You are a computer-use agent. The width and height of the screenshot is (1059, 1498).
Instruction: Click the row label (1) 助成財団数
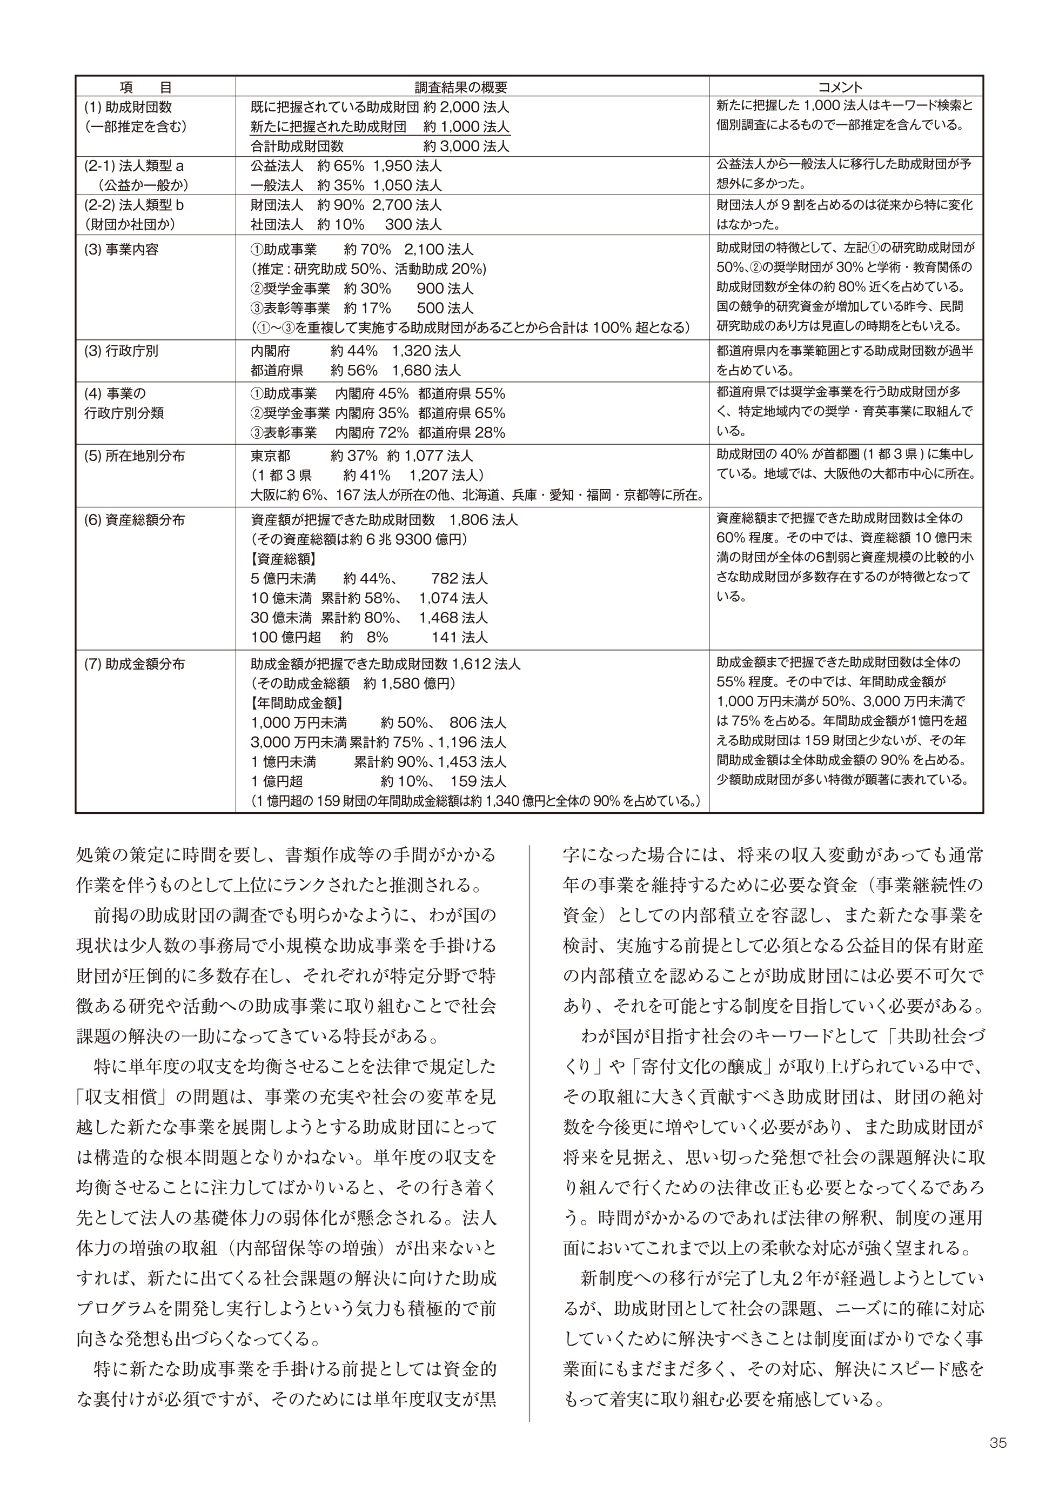click(x=128, y=107)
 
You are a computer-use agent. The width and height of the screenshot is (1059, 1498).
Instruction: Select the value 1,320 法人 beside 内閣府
click(x=426, y=351)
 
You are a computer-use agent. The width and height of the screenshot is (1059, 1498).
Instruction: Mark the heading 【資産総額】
click(x=283, y=559)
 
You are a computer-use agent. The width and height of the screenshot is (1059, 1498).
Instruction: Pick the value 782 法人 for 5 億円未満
click(x=459, y=579)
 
